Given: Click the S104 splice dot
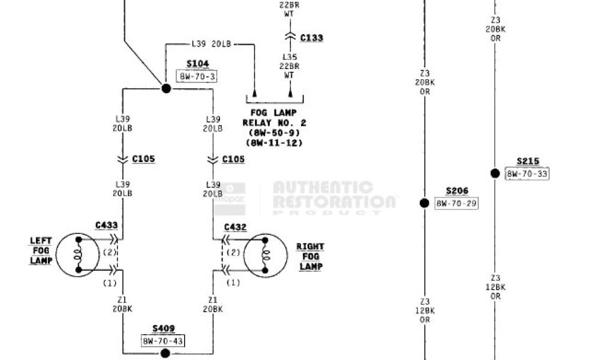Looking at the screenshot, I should (x=166, y=89).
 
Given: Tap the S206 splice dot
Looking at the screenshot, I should (x=425, y=203).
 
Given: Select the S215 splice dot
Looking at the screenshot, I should (x=495, y=173).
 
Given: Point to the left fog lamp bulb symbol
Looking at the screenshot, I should (x=78, y=255).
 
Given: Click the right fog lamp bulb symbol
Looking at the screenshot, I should (x=263, y=255).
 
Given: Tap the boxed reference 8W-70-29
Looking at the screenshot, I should (x=457, y=203).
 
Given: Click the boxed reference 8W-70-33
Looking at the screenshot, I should (x=527, y=174).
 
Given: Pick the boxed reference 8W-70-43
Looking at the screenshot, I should (x=163, y=341).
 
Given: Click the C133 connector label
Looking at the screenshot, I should (x=311, y=38).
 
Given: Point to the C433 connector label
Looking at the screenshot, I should (x=106, y=226).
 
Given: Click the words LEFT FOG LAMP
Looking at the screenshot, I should (x=41, y=251).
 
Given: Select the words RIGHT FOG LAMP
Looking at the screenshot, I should (x=310, y=256).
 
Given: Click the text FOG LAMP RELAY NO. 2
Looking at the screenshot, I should (x=275, y=118).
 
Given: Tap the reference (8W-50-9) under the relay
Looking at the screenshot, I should (x=275, y=133).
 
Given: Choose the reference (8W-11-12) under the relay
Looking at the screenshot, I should (x=275, y=143).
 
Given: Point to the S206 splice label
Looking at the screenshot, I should (x=457, y=191).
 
